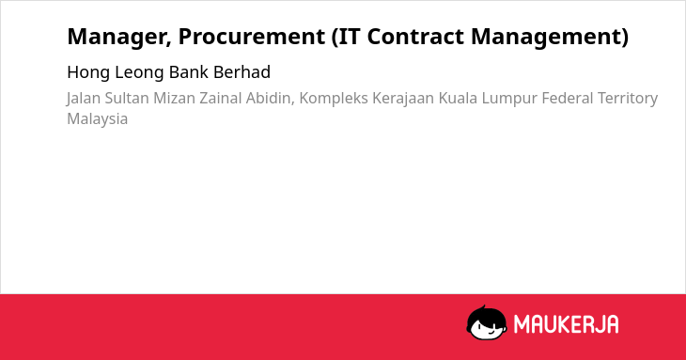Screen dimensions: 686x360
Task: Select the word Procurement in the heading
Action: (252, 37)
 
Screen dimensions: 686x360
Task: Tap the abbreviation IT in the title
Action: (350, 36)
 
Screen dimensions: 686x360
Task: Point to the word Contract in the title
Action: (415, 37)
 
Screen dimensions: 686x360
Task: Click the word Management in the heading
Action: (546, 37)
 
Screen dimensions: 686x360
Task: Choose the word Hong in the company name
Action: (88, 73)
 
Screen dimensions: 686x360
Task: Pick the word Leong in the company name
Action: (140, 73)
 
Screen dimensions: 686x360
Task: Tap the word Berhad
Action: (242, 72)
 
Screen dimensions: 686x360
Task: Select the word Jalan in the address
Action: (84, 99)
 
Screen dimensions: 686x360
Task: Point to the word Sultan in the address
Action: (127, 99)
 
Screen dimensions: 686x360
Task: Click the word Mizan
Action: (174, 99)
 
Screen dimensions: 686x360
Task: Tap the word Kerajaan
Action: (403, 100)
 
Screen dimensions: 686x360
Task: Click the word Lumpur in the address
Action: (509, 100)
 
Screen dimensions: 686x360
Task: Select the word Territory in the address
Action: (628, 100)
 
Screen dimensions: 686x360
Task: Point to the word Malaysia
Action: (98, 119)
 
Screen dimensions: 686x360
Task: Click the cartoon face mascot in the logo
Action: (487, 322)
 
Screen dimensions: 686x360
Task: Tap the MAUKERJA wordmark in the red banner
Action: (566, 324)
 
